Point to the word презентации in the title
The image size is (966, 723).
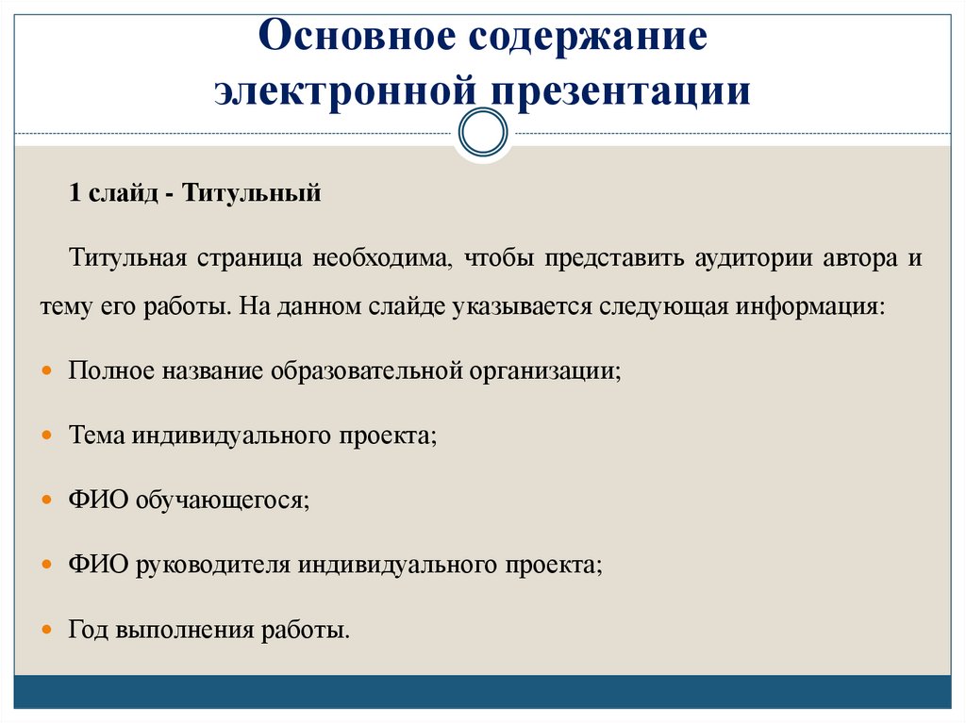[620, 92]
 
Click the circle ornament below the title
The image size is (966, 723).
[483, 132]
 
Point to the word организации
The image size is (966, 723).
[542, 371]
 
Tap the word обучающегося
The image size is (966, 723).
[222, 501]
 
